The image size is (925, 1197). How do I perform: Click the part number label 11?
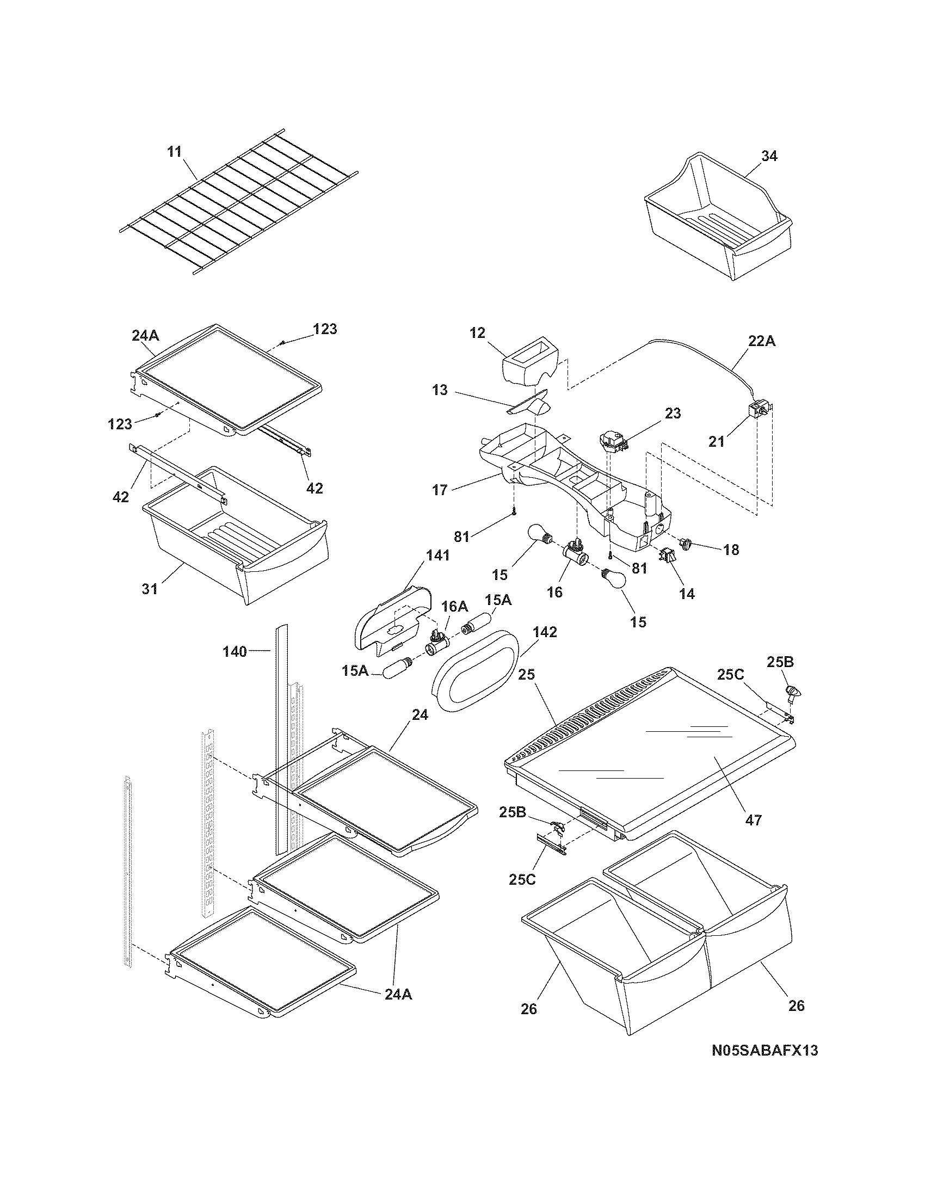coord(174,152)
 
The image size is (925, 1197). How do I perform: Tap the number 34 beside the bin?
coord(769,156)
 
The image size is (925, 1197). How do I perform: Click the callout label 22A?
coord(762,341)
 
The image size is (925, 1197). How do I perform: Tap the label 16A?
coord(455,606)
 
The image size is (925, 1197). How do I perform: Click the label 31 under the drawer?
coord(150,589)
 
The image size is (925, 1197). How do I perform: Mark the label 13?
coord(439,390)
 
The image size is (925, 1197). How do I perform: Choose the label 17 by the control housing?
coord(440,490)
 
